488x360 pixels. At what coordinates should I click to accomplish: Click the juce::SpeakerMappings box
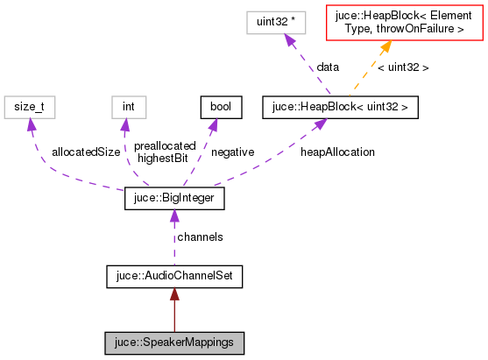coord(173,342)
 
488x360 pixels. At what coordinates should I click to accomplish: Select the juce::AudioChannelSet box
coord(173,277)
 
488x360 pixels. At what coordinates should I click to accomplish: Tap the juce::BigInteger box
coord(174,200)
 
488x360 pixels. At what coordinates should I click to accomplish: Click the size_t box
coord(30,107)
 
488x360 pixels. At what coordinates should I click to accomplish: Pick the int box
coord(128,107)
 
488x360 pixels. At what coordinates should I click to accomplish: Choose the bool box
coord(215,107)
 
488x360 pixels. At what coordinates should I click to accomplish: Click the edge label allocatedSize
coord(85,152)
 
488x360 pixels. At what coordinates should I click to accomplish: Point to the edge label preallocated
coord(166,146)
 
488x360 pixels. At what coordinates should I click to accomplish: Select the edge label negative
coord(233,152)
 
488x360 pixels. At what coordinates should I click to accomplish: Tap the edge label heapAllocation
coord(337,152)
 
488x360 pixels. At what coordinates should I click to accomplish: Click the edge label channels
coord(200,237)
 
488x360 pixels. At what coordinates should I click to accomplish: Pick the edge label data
coord(329,67)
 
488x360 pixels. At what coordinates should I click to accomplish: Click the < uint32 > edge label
coord(403,67)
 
